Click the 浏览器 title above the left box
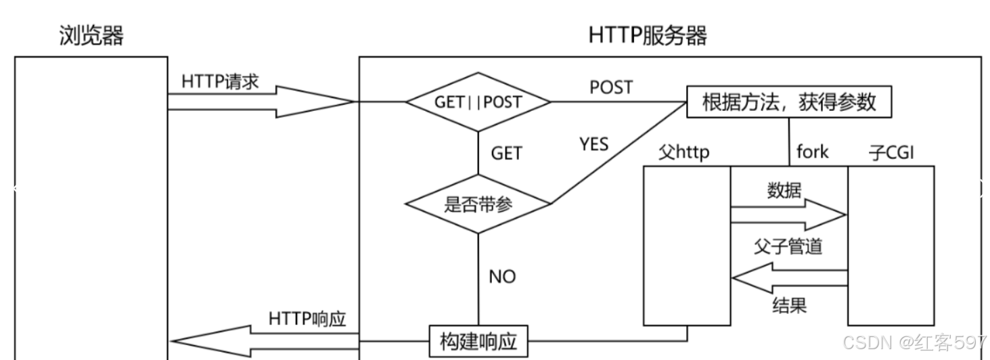click(91, 35)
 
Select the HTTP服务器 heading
click(648, 35)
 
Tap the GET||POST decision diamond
click(478, 102)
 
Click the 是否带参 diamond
click(478, 204)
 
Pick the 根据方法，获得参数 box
click(789, 102)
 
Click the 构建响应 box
click(478, 341)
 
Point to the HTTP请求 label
click(220, 82)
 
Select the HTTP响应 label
click(307, 318)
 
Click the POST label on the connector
click(611, 87)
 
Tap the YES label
click(593, 144)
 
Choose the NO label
click(501, 277)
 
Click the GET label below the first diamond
click(506, 154)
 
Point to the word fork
click(812, 152)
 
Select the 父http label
click(684, 152)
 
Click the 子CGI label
click(891, 152)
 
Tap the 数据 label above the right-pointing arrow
click(784, 191)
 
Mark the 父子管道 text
click(788, 246)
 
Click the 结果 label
click(789, 305)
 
